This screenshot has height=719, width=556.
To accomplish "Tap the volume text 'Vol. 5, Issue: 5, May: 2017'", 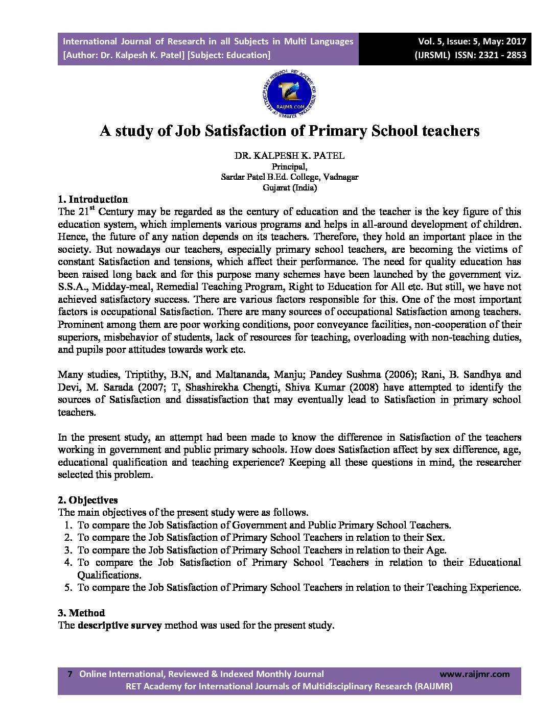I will pos(472,41).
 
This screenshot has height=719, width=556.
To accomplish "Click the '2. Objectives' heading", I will pos(87,500).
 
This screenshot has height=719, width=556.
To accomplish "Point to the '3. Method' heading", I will pos(81,613).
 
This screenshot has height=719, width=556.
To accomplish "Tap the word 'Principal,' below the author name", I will pos(289,166).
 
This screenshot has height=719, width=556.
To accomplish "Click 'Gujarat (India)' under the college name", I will pos(289,187).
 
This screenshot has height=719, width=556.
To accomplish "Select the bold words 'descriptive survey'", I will pos(120,625).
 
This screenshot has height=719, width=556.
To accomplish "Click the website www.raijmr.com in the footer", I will pos(474,674).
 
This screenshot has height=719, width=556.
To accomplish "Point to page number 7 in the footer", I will pos(70,674).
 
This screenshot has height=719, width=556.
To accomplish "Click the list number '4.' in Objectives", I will pos(68,562).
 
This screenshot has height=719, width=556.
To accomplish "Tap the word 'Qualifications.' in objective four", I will pos(109,575).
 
